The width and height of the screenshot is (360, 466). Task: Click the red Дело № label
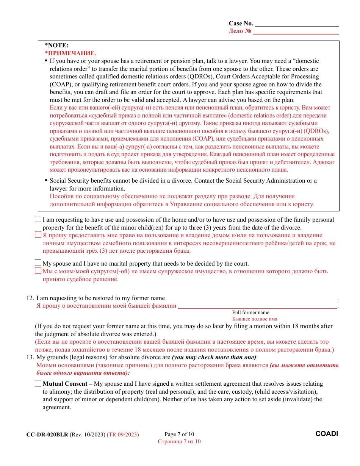240,31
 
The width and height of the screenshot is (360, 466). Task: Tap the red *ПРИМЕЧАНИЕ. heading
70,53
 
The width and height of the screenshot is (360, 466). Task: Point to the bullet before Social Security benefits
46,181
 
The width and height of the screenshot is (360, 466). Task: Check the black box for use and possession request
38,219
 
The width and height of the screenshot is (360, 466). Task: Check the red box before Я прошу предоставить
38,235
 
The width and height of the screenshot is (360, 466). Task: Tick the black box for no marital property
38,263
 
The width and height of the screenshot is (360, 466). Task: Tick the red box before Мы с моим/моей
38,271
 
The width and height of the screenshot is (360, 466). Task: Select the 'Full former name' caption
250,313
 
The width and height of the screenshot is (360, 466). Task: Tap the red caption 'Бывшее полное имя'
255,319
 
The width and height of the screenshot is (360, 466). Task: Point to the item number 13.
30,357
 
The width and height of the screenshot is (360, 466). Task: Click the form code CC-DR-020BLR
47,435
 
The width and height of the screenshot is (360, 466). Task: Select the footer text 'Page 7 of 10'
179,434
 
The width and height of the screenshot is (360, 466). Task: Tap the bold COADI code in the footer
327,434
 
